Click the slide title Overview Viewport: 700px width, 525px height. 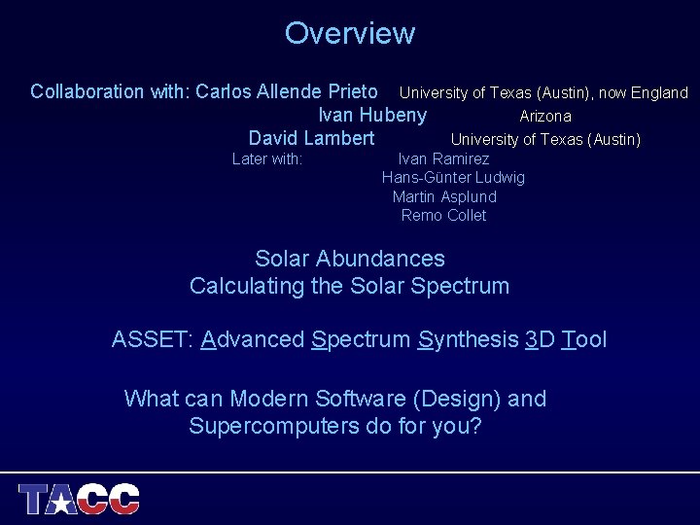[349, 33]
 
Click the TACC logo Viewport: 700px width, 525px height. [80, 499]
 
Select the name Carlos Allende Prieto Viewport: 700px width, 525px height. [287, 92]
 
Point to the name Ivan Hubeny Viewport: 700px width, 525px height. [372, 116]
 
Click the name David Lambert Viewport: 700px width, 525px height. [311, 139]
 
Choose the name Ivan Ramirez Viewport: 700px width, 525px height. [443, 158]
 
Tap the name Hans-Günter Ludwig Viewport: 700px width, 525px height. [453, 177]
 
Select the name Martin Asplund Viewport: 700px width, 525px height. [444, 196]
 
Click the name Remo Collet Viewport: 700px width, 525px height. [443, 215]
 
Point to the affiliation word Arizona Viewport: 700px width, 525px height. [545, 117]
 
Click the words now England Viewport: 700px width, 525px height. [644, 93]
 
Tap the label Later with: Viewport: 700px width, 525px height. [267, 158]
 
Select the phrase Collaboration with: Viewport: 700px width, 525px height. [110, 92]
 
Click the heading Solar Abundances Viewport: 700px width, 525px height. [349, 259]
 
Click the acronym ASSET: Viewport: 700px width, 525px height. [154, 339]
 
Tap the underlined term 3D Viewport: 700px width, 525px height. [540, 339]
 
